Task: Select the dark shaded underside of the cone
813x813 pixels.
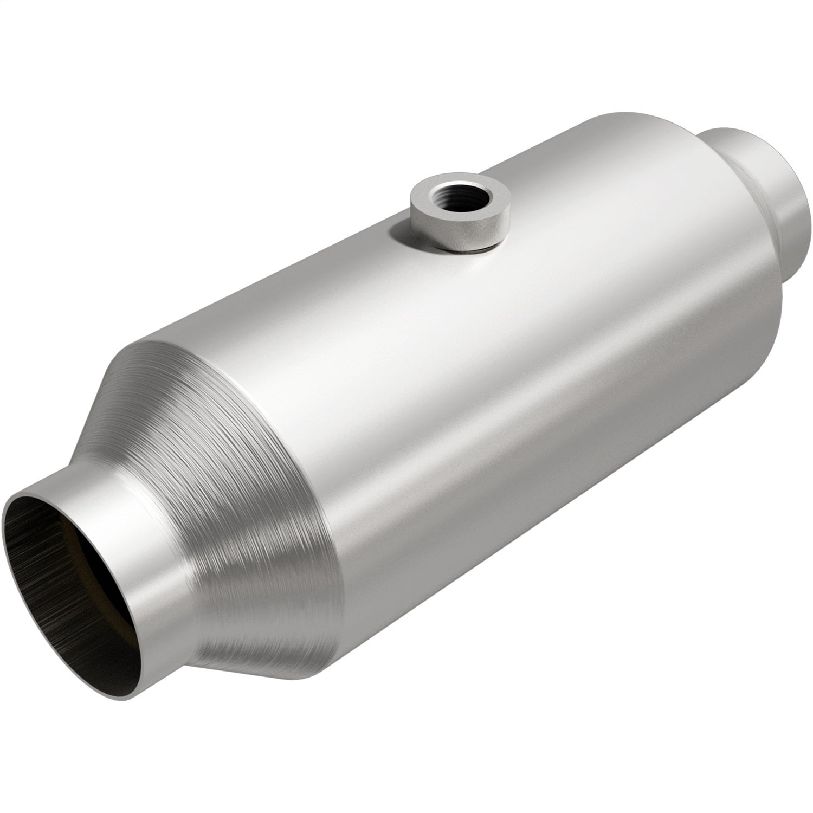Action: [271, 623]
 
